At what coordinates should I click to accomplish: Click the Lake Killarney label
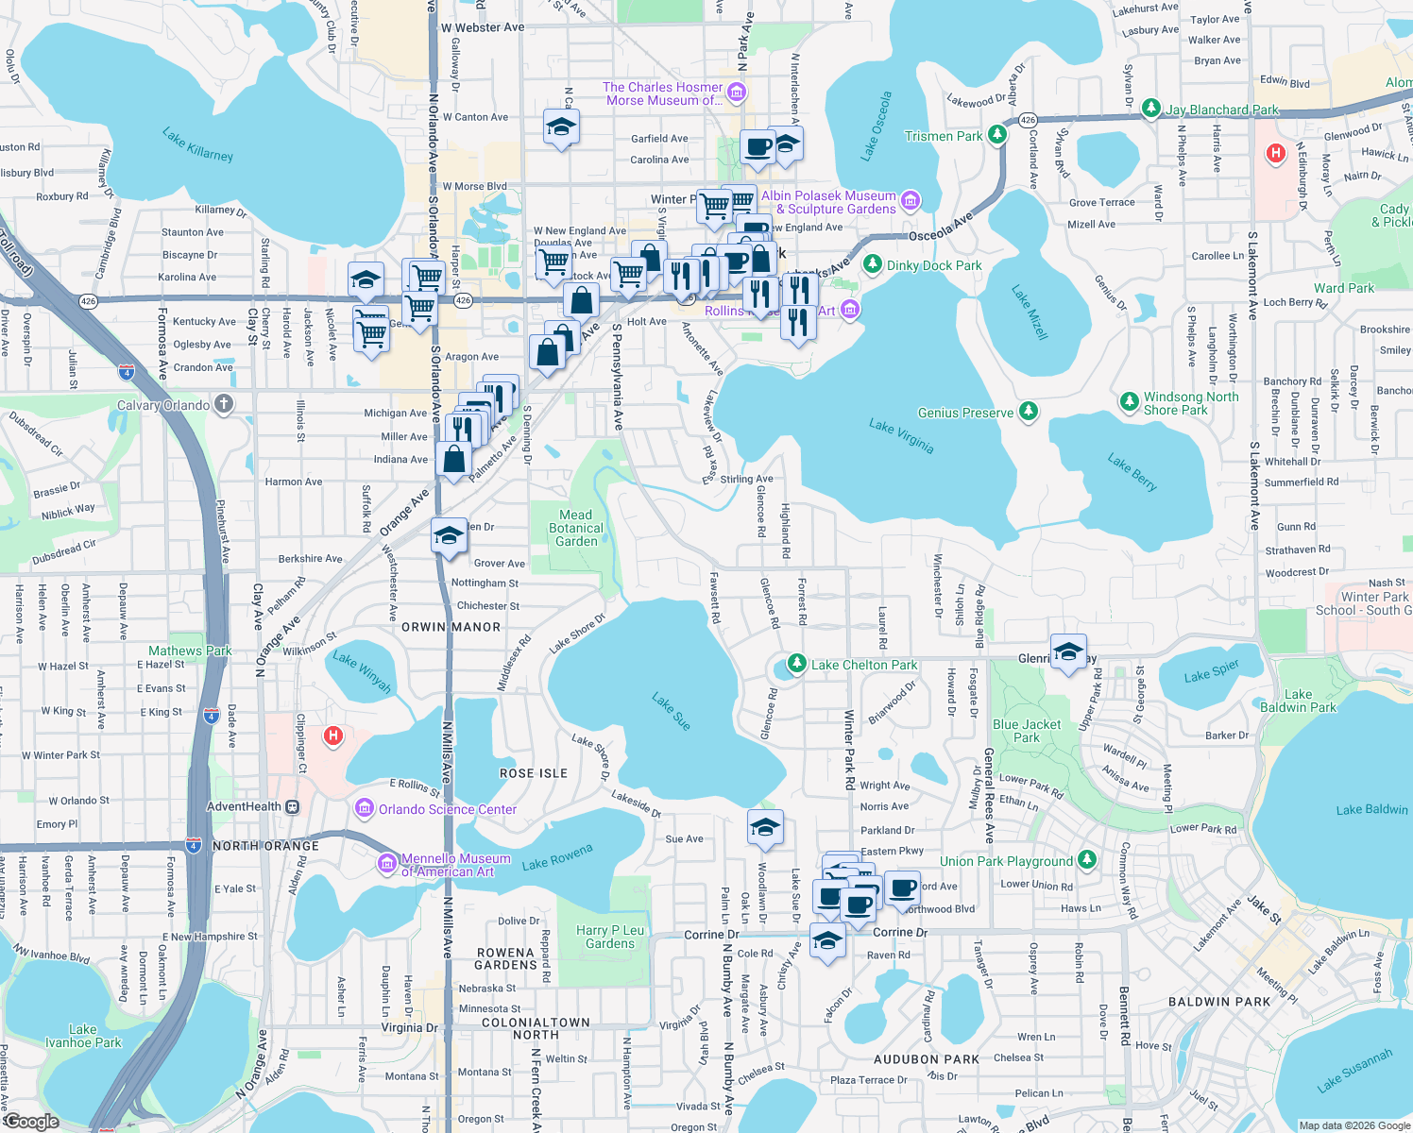pyautogui.click(x=197, y=144)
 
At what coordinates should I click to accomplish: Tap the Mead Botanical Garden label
pyautogui.click(x=576, y=528)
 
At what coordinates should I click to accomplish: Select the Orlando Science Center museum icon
pyautogui.click(x=365, y=809)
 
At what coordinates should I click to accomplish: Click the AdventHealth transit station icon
pyautogui.click(x=293, y=806)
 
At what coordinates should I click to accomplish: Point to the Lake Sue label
pyautogui.click(x=672, y=711)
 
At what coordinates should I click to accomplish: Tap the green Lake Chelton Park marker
pyautogui.click(x=797, y=664)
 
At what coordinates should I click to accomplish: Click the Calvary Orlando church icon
pyautogui.click(x=224, y=405)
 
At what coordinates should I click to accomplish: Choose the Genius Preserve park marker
pyautogui.click(x=1029, y=412)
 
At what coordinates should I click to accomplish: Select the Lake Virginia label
pyautogui.click(x=901, y=436)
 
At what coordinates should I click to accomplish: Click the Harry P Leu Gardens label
pyautogui.click(x=610, y=937)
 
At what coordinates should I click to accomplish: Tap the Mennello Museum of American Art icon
pyautogui.click(x=386, y=864)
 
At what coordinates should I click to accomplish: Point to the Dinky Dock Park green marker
pyautogui.click(x=873, y=264)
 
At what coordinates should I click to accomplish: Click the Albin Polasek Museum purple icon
pyautogui.click(x=911, y=200)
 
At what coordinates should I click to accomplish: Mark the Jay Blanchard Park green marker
pyautogui.click(x=1150, y=109)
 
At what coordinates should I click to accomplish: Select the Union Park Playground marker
pyautogui.click(x=1087, y=860)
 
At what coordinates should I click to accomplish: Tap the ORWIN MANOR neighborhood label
pyautogui.click(x=451, y=627)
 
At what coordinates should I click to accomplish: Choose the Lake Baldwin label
pyautogui.click(x=1371, y=809)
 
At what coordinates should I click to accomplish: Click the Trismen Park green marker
pyautogui.click(x=997, y=136)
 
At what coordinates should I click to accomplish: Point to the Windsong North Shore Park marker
pyautogui.click(x=1129, y=402)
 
